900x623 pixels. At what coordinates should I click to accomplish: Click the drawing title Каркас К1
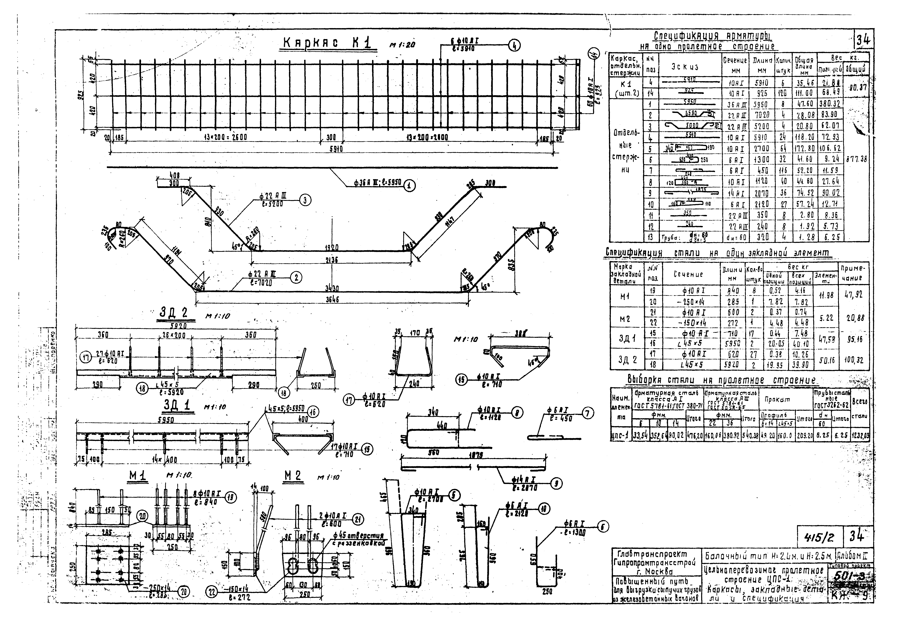click(328, 44)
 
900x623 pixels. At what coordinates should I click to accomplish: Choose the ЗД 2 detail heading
click(174, 313)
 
